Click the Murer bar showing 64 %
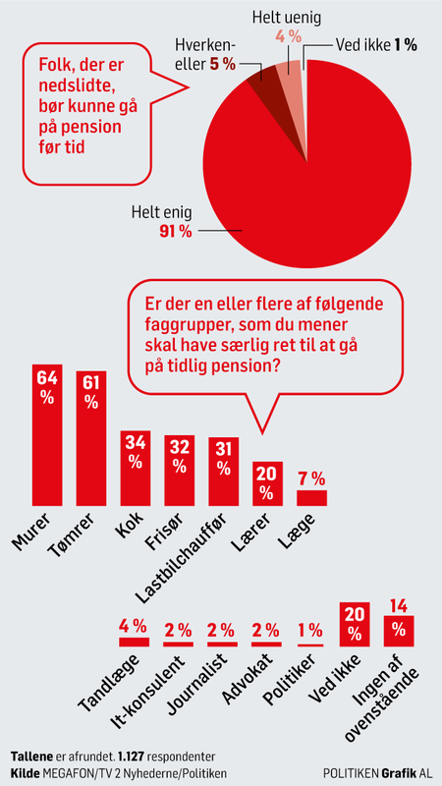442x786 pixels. click(x=47, y=434)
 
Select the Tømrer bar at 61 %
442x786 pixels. click(x=91, y=438)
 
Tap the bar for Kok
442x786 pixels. click(x=136, y=469)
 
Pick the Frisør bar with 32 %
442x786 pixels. click(x=180, y=471)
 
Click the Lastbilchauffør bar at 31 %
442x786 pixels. click(x=224, y=472)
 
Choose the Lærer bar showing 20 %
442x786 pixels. click(x=267, y=483)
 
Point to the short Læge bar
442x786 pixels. click(x=311, y=498)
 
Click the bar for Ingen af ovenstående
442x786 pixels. click(x=399, y=631)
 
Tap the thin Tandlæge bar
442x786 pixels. click(x=134, y=643)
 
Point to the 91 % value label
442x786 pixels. click(x=176, y=233)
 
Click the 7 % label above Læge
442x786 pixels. click(x=311, y=479)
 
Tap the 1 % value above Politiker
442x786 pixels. click(x=310, y=630)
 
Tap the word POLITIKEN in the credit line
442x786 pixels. click(x=351, y=772)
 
